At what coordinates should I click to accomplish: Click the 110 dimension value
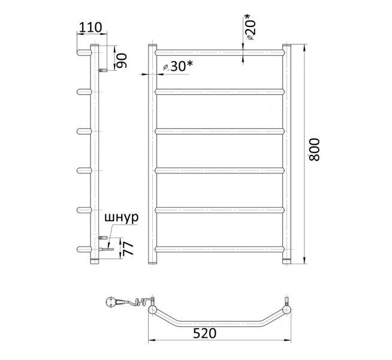pyautogui.click(x=91, y=27)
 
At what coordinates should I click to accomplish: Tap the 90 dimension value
pyautogui.click(x=122, y=61)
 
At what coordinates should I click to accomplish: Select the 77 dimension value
pyautogui.click(x=129, y=247)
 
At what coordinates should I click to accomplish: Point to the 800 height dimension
pyautogui.click(x=315, y=149)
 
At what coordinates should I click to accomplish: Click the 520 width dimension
pyautogui.click(x=204, y=333)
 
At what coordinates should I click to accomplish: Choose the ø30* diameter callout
pyautogui.click(x=178, y=66)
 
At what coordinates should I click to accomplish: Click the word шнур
pyautogui.click(x=121, y=218)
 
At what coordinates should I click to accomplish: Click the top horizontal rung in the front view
pyautogui.click(x=220, y=53)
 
